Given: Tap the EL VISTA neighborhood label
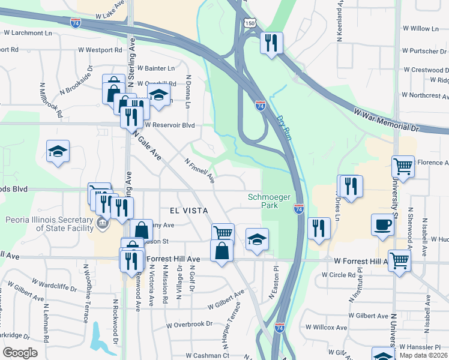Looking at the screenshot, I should tap(189, 211).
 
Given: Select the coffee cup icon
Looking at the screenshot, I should tap(383, 226).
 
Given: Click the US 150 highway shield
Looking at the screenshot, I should tap(250, 23).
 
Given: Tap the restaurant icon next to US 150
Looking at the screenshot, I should tap(271, 43).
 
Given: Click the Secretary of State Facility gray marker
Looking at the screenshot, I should tap(102, 224).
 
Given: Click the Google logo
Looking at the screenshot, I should tap(20, 353).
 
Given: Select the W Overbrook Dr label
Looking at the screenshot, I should tap(190, 324).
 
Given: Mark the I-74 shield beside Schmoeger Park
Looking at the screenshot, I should tap(299, 209).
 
